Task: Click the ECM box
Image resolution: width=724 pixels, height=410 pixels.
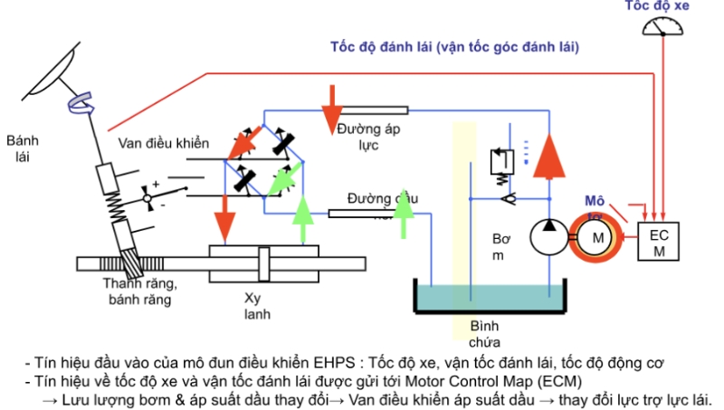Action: click(659, 242)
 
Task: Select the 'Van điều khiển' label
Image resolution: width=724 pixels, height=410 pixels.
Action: click(163, 144)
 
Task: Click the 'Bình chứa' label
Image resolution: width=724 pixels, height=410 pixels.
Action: click(484, 334)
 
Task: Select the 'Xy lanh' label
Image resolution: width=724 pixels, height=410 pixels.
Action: click(257, 305)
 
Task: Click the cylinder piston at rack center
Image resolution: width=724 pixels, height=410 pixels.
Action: click(265, 265)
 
